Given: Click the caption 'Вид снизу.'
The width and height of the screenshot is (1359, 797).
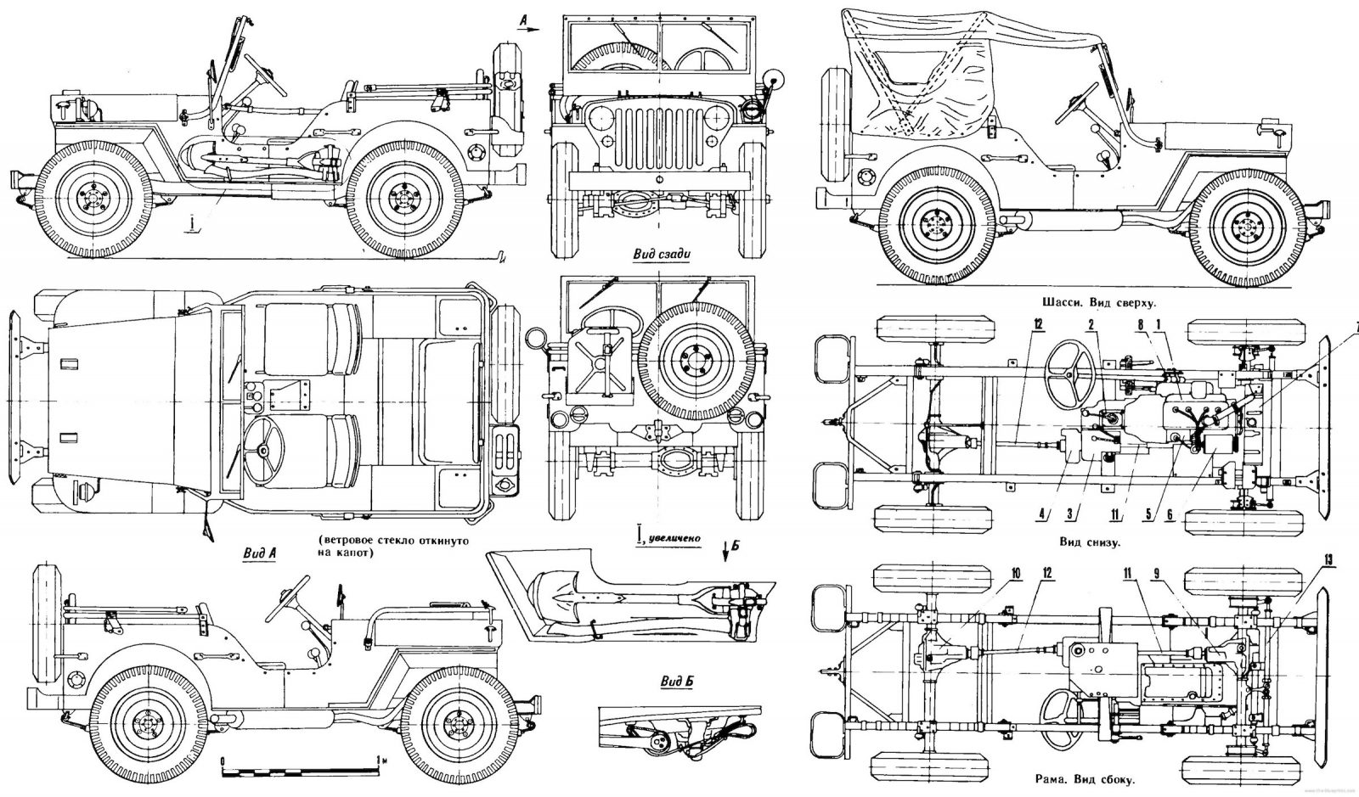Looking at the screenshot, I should pyautogui.click(x=1088, y=542).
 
